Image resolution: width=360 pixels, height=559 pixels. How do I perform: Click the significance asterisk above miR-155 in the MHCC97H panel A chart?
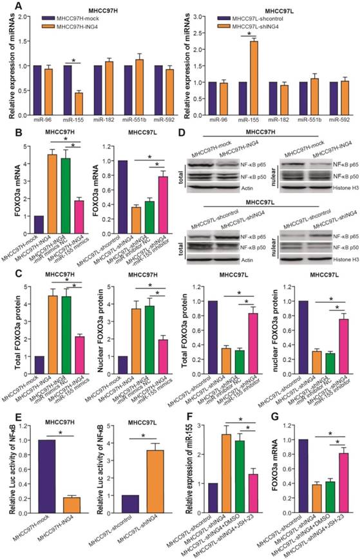pos(75,61)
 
